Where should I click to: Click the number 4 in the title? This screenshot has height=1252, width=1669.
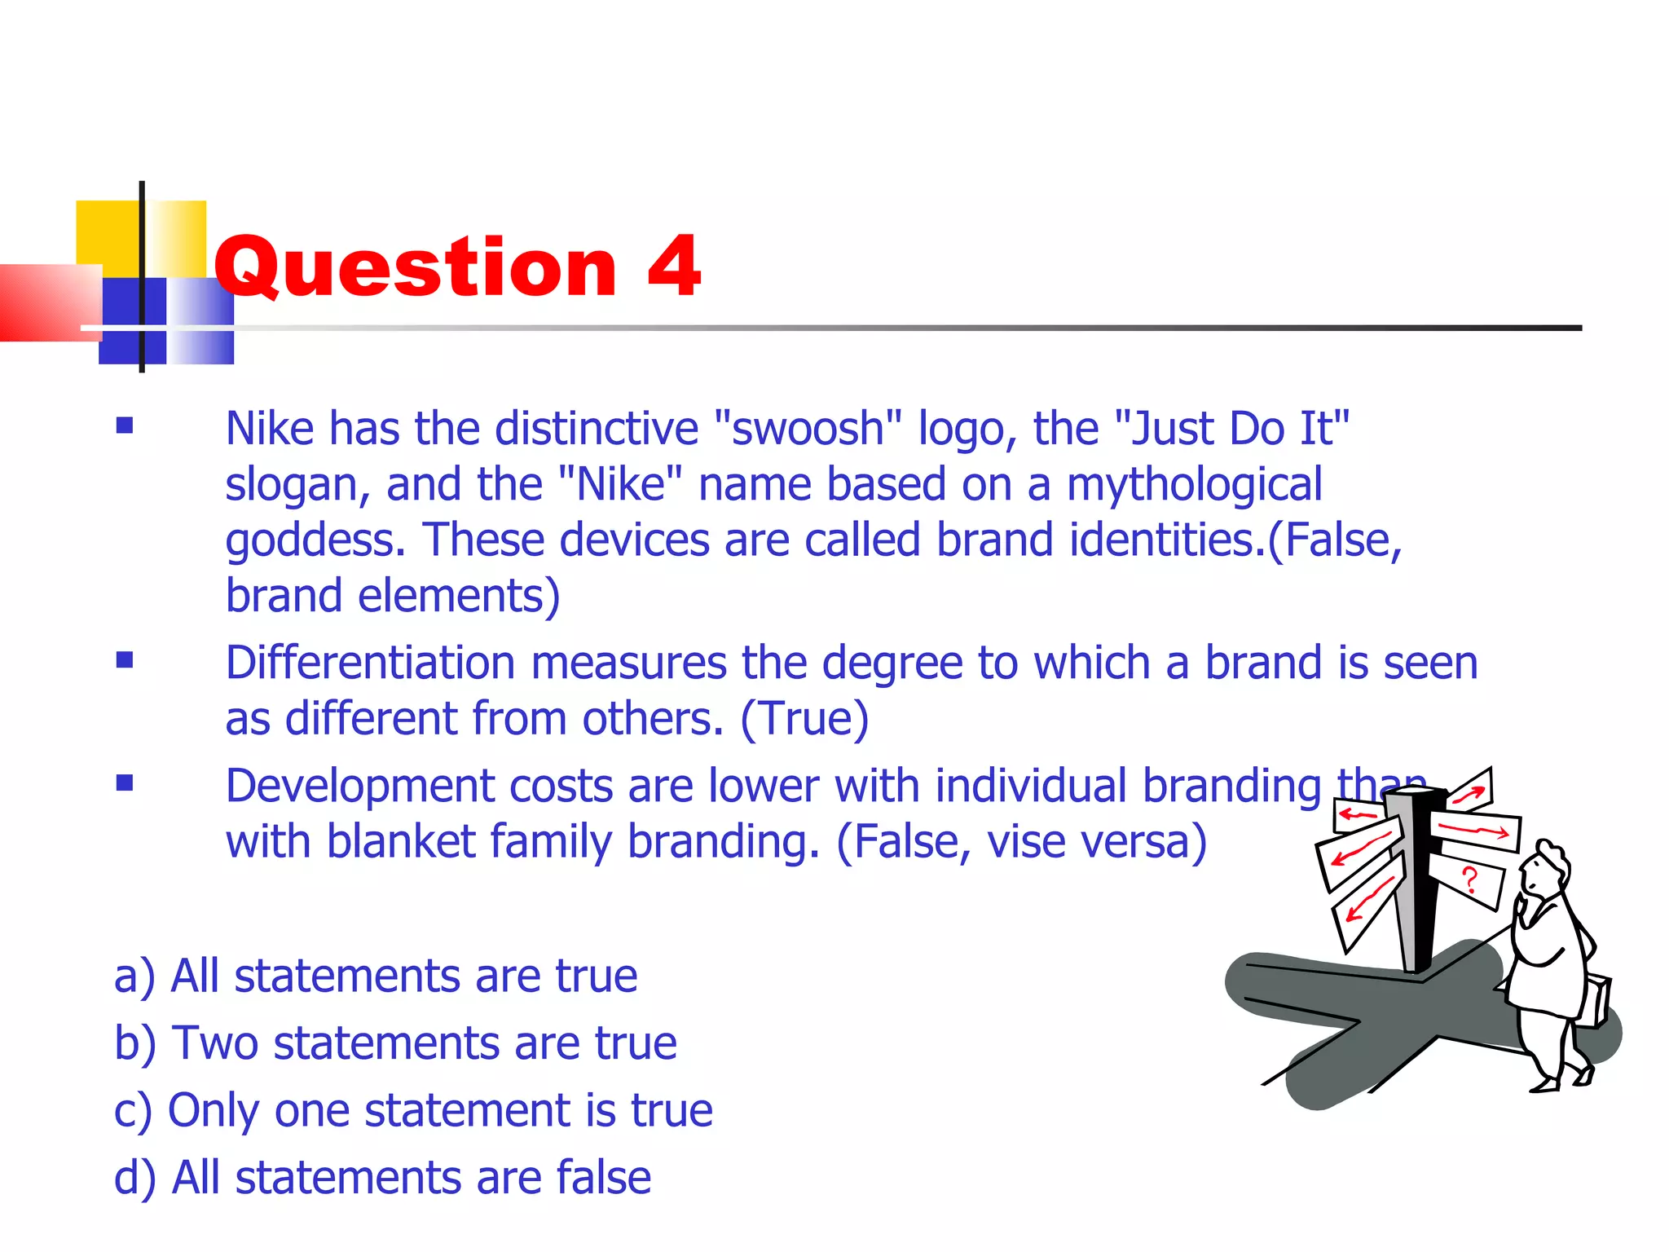click(674, 267)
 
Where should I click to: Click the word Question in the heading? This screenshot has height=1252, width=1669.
click(416, 268)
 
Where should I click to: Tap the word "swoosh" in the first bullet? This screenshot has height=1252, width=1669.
click(808, 429)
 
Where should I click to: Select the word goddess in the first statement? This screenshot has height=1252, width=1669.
click(315, 541)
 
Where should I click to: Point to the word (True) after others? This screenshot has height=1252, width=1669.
click(804, 719)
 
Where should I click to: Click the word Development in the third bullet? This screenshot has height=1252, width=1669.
click(359, 787)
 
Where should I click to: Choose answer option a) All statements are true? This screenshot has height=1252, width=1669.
click(376, 976)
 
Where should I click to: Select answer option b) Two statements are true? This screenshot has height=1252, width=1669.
click(395, 1043)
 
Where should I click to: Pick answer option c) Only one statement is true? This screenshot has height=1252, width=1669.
click(413, 1110)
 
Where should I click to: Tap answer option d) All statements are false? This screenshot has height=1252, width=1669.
click(382, 1178)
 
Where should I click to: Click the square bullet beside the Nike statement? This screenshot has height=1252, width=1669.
click(125, 425)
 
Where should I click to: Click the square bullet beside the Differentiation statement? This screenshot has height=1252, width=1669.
click(125, 659)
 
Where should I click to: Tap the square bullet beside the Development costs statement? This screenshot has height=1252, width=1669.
click(125, 783)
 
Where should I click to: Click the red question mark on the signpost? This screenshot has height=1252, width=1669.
click(1469, 880)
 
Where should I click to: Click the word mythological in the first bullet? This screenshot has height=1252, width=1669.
click(1194, 486)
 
